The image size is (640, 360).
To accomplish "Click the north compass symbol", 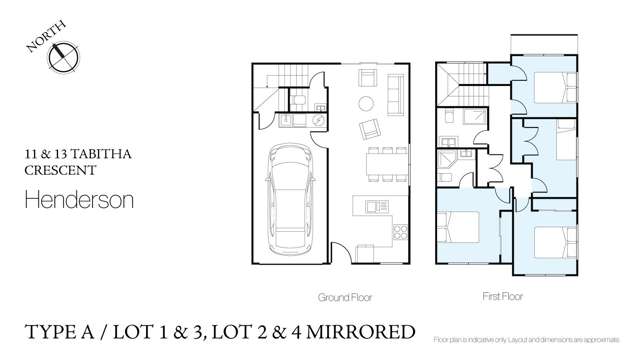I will pyautogui.click(x=62, y=56).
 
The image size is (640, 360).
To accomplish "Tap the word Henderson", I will pyautogui.click(x=77, y=200).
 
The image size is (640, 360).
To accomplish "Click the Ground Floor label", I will pyautogui.click(x=345, y=297).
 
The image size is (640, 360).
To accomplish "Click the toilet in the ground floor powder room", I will pyautogui.click(x=298, y=98).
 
